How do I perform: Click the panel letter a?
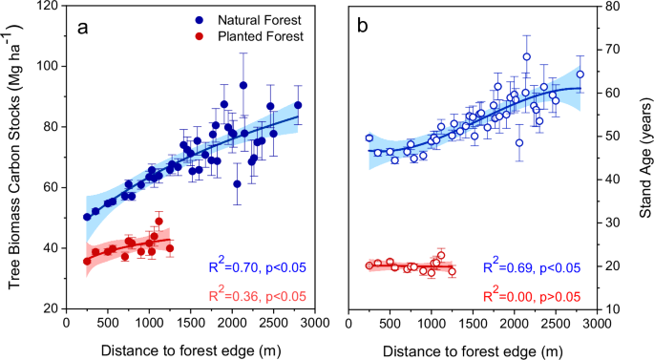click(x=83, y=28)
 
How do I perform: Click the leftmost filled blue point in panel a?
click(x=87, y=217)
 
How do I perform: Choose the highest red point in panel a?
click(x=158, y=222)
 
